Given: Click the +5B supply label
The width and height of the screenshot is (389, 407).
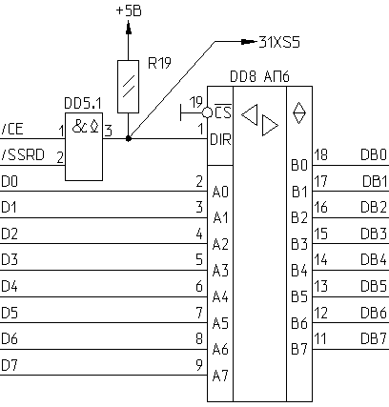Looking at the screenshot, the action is coord(129,10).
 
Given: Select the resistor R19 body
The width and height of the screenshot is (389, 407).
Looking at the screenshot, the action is coord(128,87).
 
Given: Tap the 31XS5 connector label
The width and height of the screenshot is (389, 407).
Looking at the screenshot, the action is coord(279,42).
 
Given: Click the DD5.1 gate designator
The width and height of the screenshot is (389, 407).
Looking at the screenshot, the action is coord(83,103).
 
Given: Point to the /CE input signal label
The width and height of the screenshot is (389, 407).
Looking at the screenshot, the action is coord(12,129).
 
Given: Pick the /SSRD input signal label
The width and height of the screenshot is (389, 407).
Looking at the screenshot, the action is coord(23,155).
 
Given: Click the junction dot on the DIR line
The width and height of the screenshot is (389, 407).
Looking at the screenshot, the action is coord(129,138).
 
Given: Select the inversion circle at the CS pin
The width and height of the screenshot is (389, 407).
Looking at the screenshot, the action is coord(207,112).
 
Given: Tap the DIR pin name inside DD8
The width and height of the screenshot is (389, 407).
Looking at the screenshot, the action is coord(220,139).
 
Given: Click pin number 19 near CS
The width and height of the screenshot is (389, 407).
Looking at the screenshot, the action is coord(195,102).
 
